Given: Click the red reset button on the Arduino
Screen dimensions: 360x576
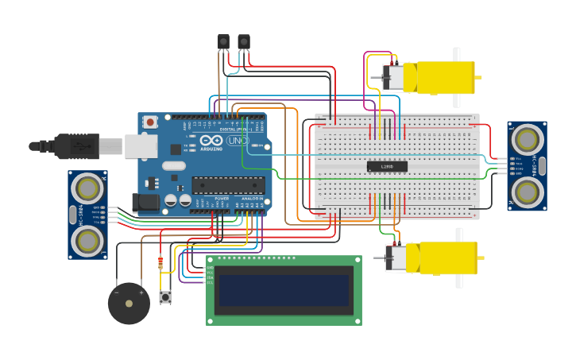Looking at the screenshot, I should pyautogui.click(x=150, y=122).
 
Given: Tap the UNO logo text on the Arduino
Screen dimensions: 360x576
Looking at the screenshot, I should pyautogui.click(x=238, y=141).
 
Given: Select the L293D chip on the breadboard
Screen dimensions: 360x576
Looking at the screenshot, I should pyautogui.click(x=387, y=166).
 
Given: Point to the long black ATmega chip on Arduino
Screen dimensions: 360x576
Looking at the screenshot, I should pyautogui.click(x=228, y=185).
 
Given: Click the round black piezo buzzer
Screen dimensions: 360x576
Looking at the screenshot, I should pyautogui.click(x=129, y=303).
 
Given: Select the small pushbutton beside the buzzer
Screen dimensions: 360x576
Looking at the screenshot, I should pyautogui.click(x=165, y=297).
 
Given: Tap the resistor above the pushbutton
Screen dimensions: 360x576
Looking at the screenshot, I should pyautogui.click(x=161, y=263).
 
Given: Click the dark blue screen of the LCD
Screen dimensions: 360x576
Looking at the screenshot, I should pyautogui.click(x=284, y=290).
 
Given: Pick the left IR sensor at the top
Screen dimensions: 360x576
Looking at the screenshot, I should pyautogui.click(x=223, y=41).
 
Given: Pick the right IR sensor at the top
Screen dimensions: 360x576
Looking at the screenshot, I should pyautogui.click(x=244, y=41).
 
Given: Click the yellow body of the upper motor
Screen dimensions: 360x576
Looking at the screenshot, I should pyautogui.click(x=439, y=78).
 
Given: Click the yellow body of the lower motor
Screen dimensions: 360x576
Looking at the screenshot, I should pyautogui.click(x=441, y=258).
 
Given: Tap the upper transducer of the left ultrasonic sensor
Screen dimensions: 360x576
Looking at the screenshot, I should pyautogui.click(x=87, y=188).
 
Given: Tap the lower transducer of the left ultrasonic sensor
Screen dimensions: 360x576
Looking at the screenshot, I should pyautogui.click(x=87, y=242).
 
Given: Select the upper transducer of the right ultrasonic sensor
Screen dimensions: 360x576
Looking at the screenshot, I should pyautogui.click(x=527, y=140).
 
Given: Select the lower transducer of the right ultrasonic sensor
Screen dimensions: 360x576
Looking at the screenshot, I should pyautogui.click(x=527, y=192).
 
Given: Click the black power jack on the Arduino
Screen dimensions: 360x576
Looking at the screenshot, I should pyautogui.click(x=147, y=202).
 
